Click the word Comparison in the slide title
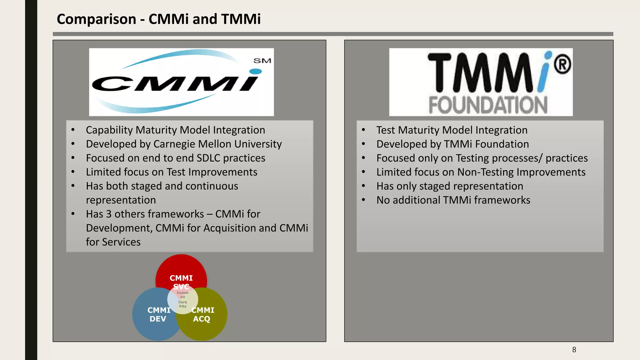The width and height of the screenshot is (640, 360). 96,19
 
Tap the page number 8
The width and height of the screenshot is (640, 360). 574,350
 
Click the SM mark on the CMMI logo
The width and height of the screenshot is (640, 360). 262,61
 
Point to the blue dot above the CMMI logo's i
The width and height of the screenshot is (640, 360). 256,72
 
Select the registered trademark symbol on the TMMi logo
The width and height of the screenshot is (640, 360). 562,65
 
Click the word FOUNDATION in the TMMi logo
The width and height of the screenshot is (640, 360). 488,105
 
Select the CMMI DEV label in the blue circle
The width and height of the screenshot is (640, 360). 158,314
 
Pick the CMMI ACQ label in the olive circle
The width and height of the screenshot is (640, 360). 202,314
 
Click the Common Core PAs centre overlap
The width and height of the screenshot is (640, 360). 183,299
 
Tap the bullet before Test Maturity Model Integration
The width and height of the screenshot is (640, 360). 363,130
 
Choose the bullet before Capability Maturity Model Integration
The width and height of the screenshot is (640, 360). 73,130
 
